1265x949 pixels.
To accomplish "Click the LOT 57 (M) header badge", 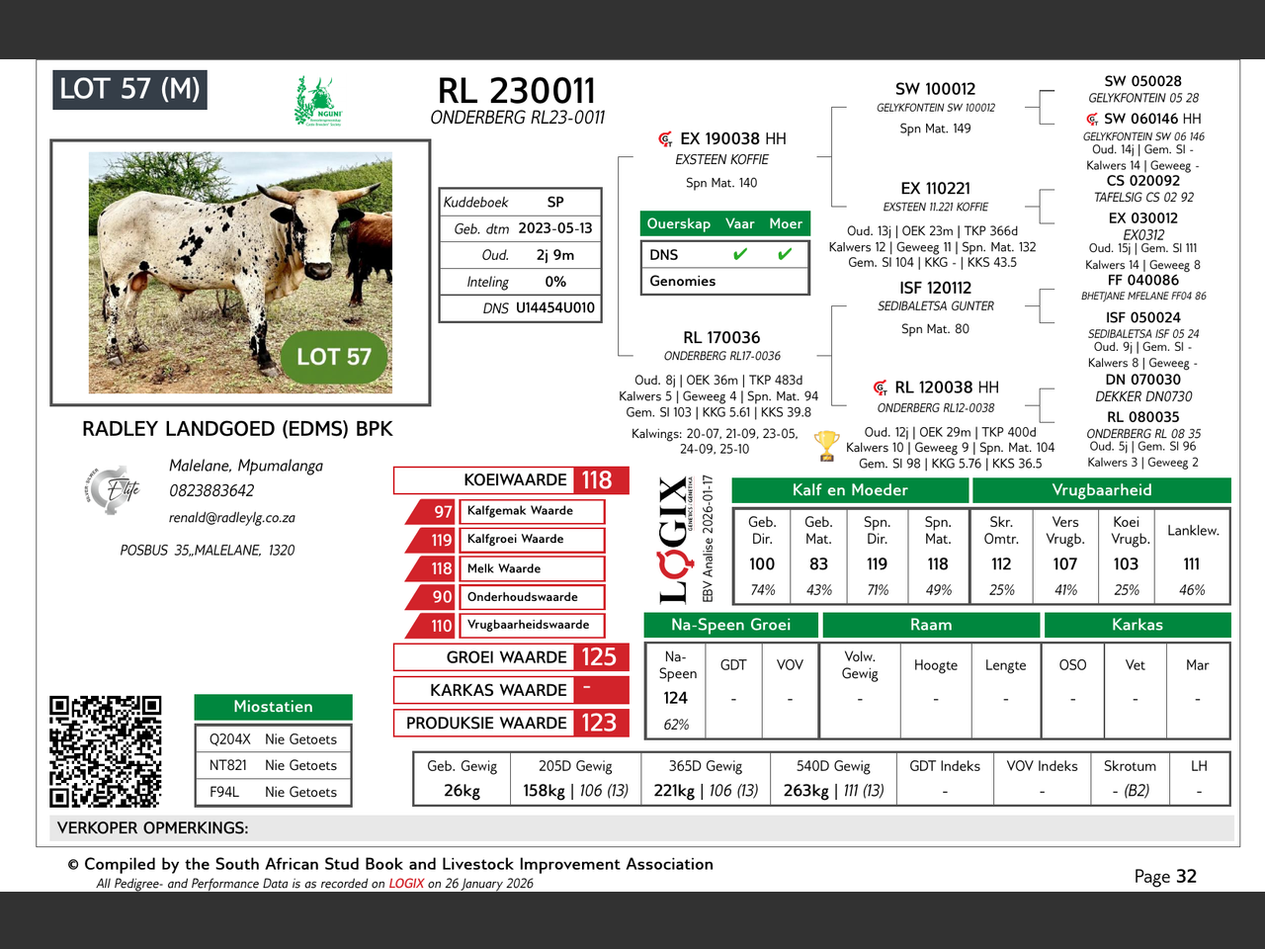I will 129,90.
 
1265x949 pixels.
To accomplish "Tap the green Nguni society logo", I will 317,102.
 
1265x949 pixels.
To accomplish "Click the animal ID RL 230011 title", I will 517,91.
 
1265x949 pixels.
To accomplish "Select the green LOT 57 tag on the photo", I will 334,357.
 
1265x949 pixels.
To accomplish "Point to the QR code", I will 106,751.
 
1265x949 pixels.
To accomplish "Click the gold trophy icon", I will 826,446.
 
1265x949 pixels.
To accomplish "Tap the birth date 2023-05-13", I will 555,228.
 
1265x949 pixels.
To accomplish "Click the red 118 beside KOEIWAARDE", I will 597,480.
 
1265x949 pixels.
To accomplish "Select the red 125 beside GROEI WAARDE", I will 599,657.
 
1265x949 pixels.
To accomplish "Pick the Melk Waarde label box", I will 534,568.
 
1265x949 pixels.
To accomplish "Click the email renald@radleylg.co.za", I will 232,517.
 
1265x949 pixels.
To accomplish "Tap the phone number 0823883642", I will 211,490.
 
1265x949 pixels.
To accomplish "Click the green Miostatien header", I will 273,707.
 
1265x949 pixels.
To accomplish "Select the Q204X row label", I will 230,739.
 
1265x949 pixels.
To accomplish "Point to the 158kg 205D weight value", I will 544,791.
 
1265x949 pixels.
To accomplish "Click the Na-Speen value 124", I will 676,698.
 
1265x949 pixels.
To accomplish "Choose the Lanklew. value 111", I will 1192,563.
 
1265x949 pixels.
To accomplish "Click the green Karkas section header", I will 1138,625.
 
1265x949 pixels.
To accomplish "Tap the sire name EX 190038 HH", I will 732,139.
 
